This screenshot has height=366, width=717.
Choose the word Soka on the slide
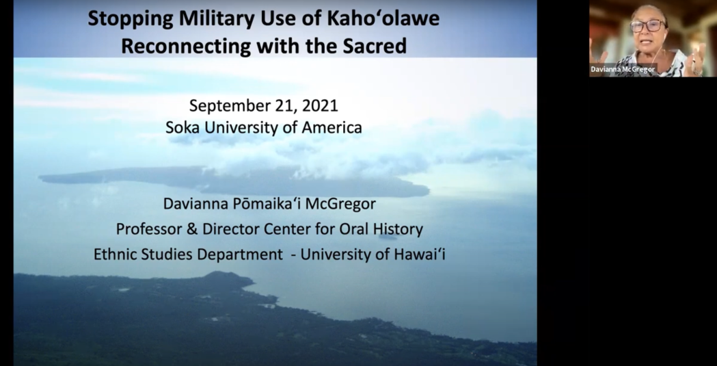(183, 127)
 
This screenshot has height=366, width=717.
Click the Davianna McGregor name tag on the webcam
(623, 70)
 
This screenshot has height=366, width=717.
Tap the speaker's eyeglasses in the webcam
(647, 25)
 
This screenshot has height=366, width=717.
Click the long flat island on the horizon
(233, 181)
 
